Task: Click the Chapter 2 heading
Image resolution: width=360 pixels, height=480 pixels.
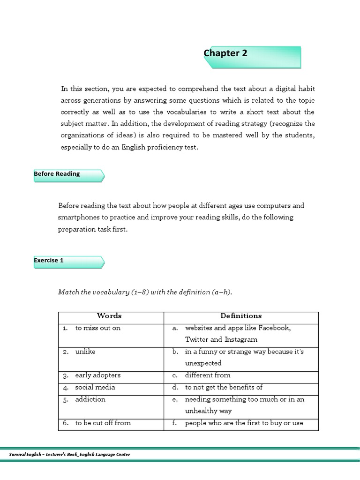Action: [x=225, y=53]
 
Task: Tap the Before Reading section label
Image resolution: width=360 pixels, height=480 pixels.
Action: [x=57, y=174]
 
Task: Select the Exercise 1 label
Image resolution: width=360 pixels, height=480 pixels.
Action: [x=49, y=261]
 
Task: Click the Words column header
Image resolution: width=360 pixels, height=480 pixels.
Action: [x=109, y=316]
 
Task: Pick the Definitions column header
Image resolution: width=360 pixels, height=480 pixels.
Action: [x=241, y=316]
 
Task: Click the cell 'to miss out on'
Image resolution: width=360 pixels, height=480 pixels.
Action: [x=97, y=328]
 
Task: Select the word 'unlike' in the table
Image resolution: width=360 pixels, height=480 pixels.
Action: [x=85, y=352]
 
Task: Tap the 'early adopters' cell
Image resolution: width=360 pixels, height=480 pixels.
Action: [x=97, y=375]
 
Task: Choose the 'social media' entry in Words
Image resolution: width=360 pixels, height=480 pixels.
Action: [x=95, y=387]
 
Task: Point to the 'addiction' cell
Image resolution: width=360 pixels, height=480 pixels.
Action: [x=90, y=399]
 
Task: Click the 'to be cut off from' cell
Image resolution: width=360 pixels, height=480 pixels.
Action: [x=103, y=423]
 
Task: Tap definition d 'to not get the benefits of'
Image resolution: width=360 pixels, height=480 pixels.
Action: [x=224, y=387]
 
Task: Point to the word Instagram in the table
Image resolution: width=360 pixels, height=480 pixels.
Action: [x=240, y=340]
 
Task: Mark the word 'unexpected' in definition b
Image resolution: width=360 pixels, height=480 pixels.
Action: [x=203, y=363]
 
